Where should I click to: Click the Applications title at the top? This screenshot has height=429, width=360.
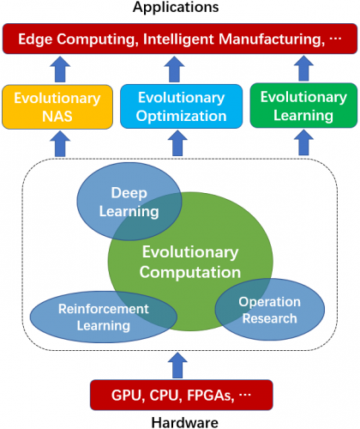pyautogui.click(x=176, y=7)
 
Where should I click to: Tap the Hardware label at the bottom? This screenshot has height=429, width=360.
pyautogui.click(x=184, y=422)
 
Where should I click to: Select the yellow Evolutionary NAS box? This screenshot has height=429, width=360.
pyautogui.click(x=57, y=107)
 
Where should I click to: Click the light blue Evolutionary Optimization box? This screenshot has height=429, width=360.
pyautogui.click(x=182, y=106)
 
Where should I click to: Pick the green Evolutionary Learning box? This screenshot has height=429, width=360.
pyautogui.click(x=303, y=106)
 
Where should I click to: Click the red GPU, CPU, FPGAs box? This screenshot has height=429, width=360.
pyautogui.click(x=182, y=395)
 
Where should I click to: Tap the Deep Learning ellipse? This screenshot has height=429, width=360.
pyautogui.click(x=129, y=202)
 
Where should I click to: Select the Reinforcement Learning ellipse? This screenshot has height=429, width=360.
pyautogui.click(x=104, y=317)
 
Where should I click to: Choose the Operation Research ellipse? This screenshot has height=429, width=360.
pyautogui.click(x=270, y=310)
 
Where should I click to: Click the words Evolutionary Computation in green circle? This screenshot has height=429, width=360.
pyautogui.click(x=190, y=262)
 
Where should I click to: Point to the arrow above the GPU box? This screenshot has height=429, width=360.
pyautogui.click(x=177, y=366)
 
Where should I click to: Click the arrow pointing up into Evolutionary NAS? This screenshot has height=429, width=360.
pyautogui.click(x=60, y=143)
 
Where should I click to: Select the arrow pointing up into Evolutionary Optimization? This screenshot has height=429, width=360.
pyautogui.click(x=177, y=143)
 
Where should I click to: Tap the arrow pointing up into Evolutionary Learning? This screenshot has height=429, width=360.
pyautogui.click(x=303, y=142)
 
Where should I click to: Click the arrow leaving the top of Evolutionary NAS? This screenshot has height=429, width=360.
pyautogui.click(x=60, y=69)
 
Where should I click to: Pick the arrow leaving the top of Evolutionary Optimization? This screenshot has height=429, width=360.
pyautogui.click(x=174, y=69)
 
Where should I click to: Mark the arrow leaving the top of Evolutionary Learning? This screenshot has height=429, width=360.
pyautogui.click(x=303, y=69)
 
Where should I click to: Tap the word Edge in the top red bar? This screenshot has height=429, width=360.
pyautogui.click(x=35, y=39)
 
